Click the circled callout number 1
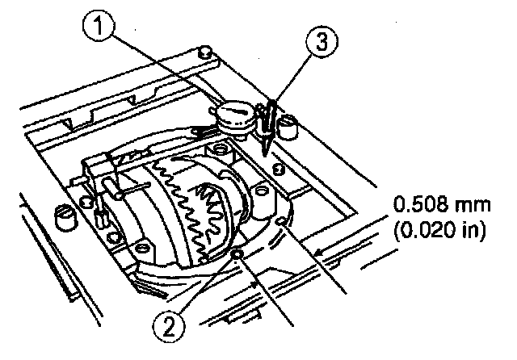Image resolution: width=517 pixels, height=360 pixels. click(x=99, y=25)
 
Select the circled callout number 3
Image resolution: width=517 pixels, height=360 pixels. click(x=322, y=42)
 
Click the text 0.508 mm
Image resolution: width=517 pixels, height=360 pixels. click(x=442, y=204)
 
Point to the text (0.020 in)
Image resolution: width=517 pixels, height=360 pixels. click(x=439, y=229)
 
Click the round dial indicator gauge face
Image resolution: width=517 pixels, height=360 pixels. click(x=235, y=112)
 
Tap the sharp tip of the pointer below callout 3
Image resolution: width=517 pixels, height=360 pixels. click(x=265, y=154)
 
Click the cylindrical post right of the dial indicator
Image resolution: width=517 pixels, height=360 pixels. click(x=287, y=128)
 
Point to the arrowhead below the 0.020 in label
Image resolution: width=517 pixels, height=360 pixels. click(x=320, y=253)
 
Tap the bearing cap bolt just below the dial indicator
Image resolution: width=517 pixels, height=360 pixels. click(x=219, y=149)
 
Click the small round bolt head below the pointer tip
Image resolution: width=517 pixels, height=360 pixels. click(x=279, y=170)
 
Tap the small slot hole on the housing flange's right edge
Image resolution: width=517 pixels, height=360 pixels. click(x=281, y=221)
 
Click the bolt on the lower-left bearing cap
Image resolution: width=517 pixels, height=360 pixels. click(x=142, y=248)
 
